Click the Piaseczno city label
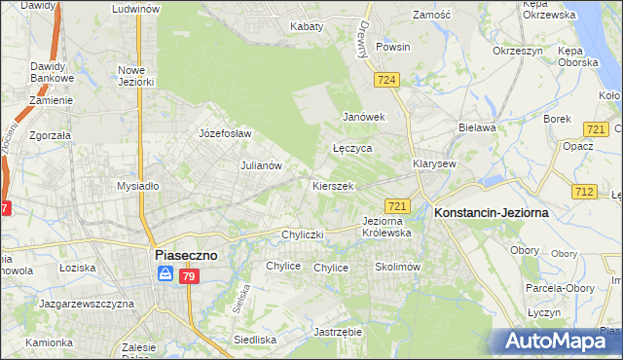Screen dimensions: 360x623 pyautogui.click(x=189, y=254)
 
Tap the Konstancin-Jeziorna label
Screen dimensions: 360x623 pyautogui.click(x=492, y=212)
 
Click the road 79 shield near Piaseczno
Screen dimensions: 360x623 pyautogui.click(x=190, y=278)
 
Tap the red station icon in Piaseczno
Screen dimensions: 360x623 pyautogui.click(x=166, y=276)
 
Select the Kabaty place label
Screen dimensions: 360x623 pyautogui.click(x=307, y=26)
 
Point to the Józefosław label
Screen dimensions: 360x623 pyautogui.click(x=225, y=133)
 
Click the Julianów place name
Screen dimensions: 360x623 pyautogui.click(x=261, y=165)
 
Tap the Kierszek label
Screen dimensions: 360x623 pyautogui.click(x=332, y=185)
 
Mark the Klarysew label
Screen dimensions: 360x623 pyautogui.click(x=434, y=164)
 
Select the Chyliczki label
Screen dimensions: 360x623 pyautogui.click(x=302, y=234)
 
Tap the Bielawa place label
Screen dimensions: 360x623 pyautogui.click(x=477, y=127)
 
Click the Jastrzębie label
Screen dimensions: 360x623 pyautogui.click(x=339, y=332)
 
